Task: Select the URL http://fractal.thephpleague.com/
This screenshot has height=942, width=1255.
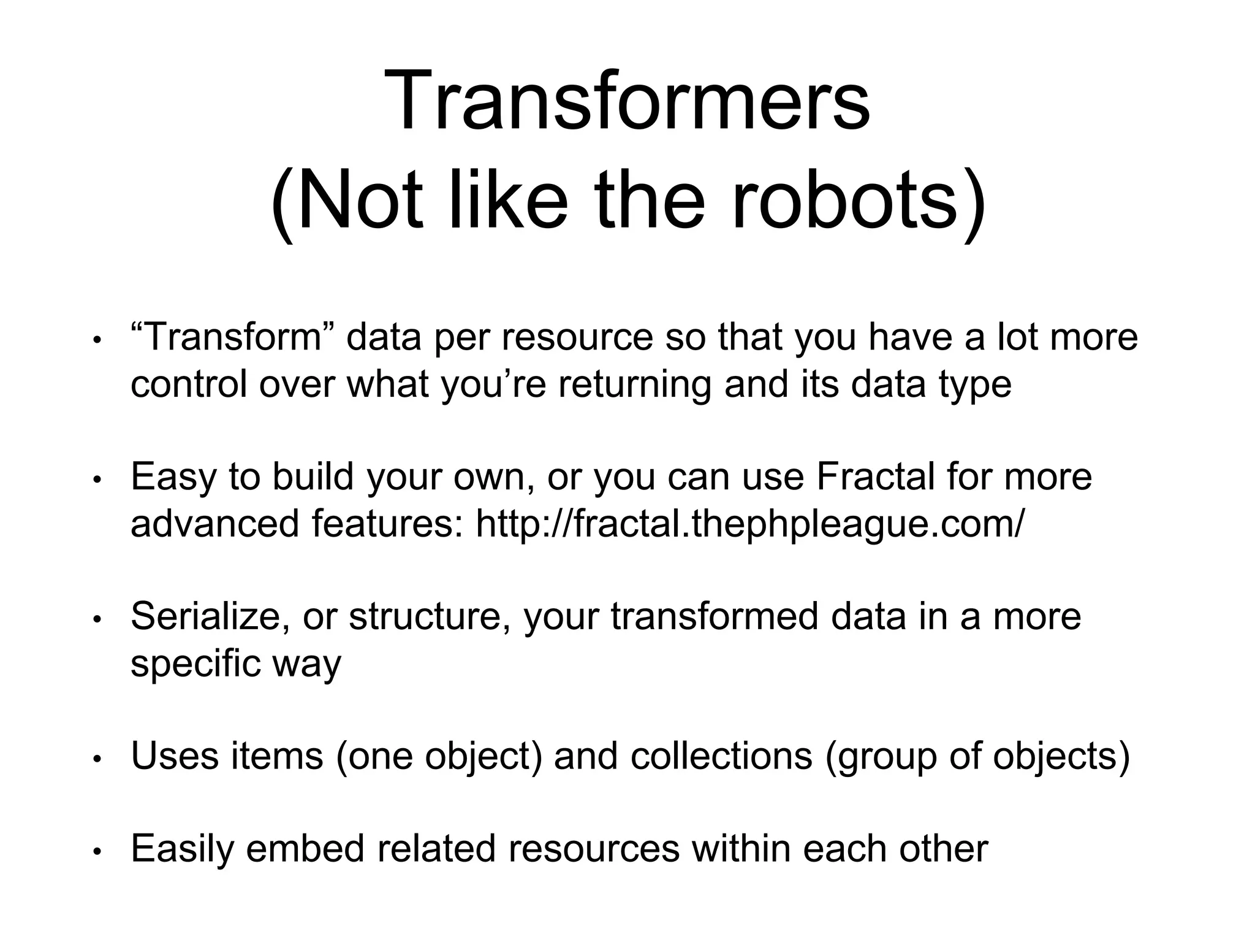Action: tap(749, 523)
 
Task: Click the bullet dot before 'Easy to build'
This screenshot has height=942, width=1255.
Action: tap(96, 479)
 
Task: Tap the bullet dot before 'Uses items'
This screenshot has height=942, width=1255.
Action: tap(96, 758)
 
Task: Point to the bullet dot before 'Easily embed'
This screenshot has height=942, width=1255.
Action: tap(96, 851)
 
